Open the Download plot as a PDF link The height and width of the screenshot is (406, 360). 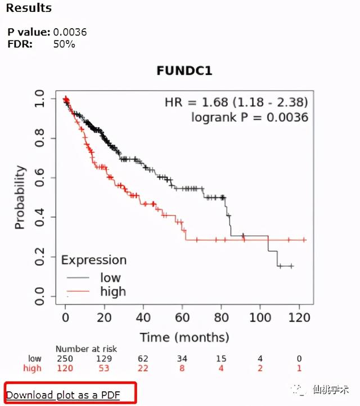tap(63, 395)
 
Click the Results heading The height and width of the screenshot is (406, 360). tap(28, 8)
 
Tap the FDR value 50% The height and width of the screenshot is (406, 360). tap(64, 43)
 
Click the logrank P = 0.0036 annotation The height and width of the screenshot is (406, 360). tap(250, 117)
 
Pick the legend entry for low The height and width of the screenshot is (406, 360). tap(110, 277)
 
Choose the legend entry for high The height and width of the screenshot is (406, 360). tap(112, 291)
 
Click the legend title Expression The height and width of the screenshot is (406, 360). tap(93, 260)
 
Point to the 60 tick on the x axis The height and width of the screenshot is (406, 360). tap(182, 318)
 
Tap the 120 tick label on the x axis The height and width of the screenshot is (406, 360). tap(299, 318)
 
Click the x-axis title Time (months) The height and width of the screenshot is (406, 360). tap(184, 337)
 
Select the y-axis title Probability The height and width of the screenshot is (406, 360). tap(20, 197)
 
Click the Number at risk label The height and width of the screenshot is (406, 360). tap(86, 349)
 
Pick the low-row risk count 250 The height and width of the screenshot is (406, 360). tap(65, 359)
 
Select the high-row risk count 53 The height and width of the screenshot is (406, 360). tap(104, 368)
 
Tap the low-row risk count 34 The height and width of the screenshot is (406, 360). tap(182, 359)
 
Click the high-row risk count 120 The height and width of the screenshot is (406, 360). tap(65, 368)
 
